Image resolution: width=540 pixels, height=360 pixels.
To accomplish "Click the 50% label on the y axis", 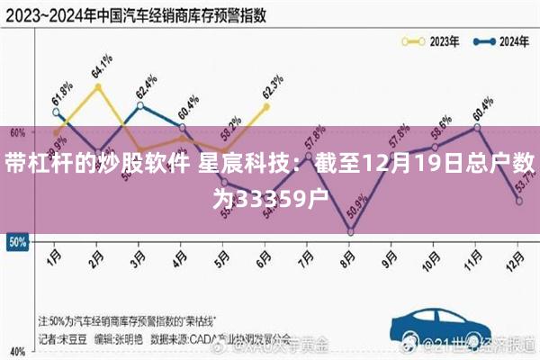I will pos(15,242).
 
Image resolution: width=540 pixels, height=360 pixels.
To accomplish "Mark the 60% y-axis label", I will pos(15,131).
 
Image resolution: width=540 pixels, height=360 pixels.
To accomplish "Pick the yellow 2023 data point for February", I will pos(97,86).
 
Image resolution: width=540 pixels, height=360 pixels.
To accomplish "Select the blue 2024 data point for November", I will pos(477,128).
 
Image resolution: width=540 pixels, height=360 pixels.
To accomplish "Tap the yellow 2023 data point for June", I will pos(266,106).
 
